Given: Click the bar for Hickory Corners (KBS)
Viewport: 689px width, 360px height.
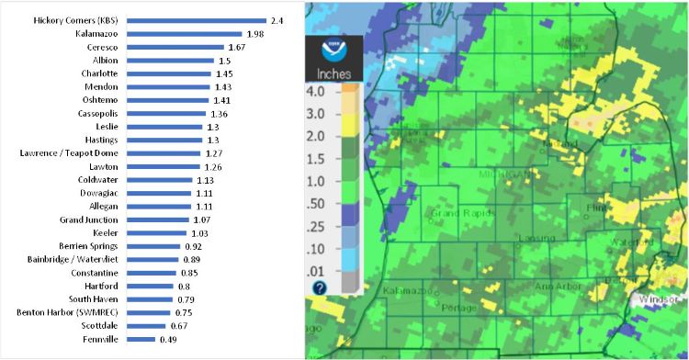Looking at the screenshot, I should click(x=197, y=20).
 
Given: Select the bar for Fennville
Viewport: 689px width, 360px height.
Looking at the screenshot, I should click(x=141, y=339).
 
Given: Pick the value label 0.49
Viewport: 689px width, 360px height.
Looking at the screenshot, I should click(x=169, y=339).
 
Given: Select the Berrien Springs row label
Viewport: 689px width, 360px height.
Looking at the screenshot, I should click(x=90, y=246).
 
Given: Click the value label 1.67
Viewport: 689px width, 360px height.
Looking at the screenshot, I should click(x=238, y=47).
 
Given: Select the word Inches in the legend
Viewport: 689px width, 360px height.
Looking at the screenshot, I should click(x=334, y=73).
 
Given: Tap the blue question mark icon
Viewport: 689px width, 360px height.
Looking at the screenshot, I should click(x=320, y=287).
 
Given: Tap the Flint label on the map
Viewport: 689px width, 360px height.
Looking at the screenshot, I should click(x=596, y=208).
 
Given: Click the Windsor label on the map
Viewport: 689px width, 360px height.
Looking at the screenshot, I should click(x=660, y=300).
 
